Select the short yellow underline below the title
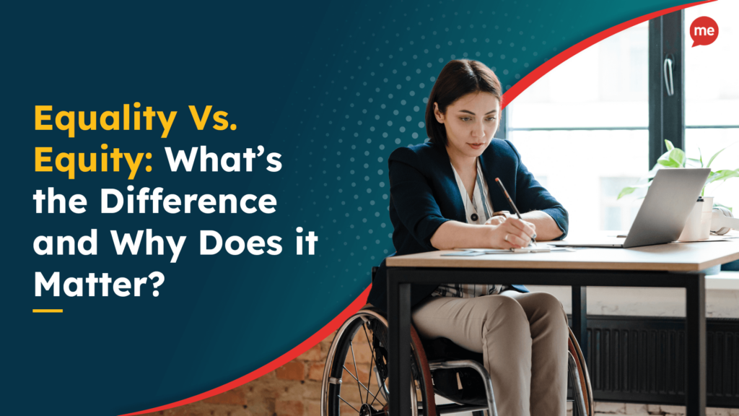pos(48,311)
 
